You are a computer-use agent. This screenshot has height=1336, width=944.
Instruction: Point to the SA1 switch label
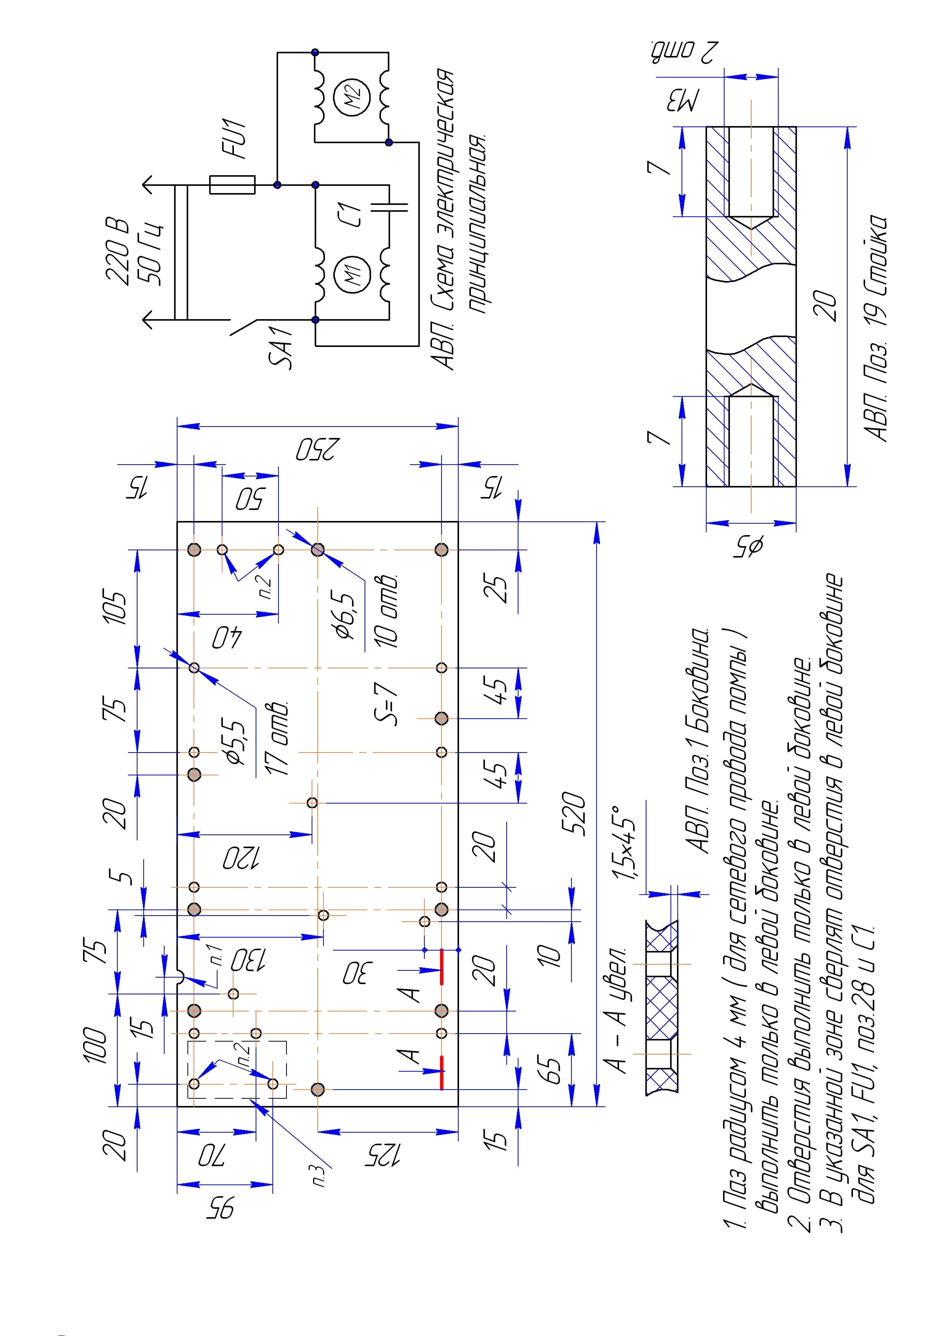tap(282, 348)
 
